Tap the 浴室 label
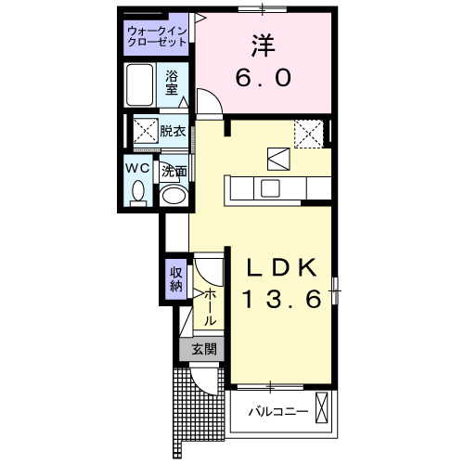pyautogui.click(x=173, y=84)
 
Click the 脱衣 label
pyautogui.click(x=173, y=130)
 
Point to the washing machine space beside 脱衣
pyautogui.click(x=144, y=131)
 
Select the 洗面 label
pyautogui.click(x=174, y=172)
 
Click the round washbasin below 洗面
pyautogui.click(x=173, y=195)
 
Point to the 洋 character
pyautogui.click(x=262, y=45)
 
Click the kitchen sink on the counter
pyautogui.click(x=271, y=187)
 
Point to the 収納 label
pyautogui.click(x=176, y=278)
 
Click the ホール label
pyautogui.click(x=211, y=305)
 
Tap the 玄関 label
pyautogui.click(x=204, y=350)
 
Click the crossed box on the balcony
pyautogui.click(x=322, y=407)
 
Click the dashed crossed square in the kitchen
pyautogui.click(x=307, y=135)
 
